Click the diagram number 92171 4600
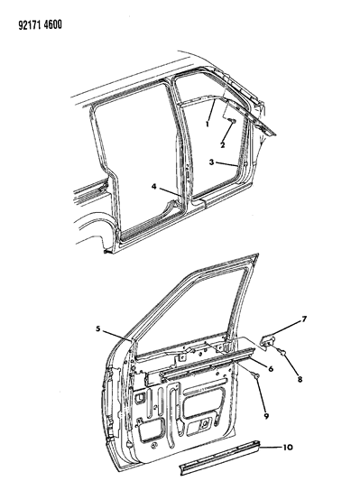pos(40,25)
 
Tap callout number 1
pos(208,125)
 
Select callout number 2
pos(222,144)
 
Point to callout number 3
pos(211,162)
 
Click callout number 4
pos(154,186)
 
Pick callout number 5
pos(97,328)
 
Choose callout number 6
pos(271,368)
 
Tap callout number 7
pos(304,319)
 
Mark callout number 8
pos(300,379)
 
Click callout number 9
pos(266,416)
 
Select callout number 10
pos(287,448)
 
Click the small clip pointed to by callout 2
pos(233,121)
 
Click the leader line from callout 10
pos(271,448)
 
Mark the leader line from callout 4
pos(170,190)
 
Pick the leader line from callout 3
pos(226,164)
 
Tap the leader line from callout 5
pos(117,336)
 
